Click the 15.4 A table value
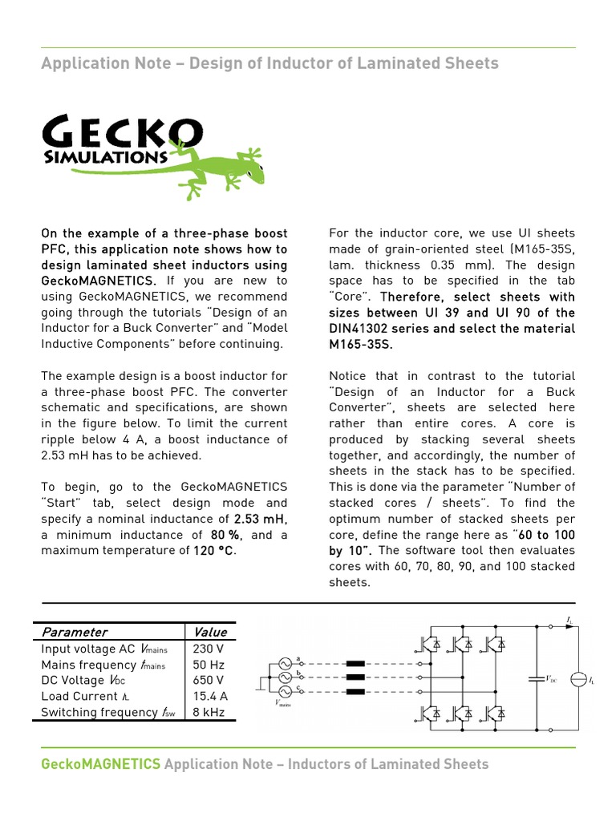(x=211, y=696)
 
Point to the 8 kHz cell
(x=209, y=712)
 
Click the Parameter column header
(x=75, y=632)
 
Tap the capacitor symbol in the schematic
(x=536, y=678)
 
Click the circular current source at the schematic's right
(x=577, y=679)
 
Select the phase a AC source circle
(x=284, y=664)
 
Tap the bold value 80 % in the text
(x=227, y=535)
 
